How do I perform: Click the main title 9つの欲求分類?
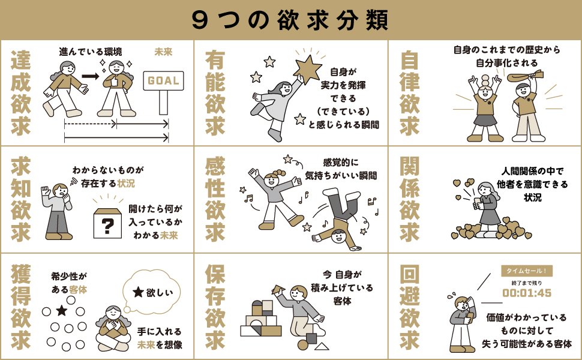[x=290, y=20]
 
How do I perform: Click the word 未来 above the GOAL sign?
[x=163, y=52]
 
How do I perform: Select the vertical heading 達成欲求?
[x=21, y=93]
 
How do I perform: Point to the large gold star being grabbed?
[x=307, y=68]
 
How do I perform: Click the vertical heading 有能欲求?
[x=215, y=93]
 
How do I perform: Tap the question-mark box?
[x=107, y=223]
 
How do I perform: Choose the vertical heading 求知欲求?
[x=21, y=199]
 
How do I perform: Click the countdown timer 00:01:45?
[x=527, y=293]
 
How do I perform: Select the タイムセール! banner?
[x=527, y=271]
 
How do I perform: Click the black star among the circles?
[x=61, y=310]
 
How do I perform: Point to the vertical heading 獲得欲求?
[x=21, y=307]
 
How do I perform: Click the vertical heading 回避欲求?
[x=410, y=307]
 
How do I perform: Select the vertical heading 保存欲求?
[x=215, y=307]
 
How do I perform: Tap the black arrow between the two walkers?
[x=90, y=76]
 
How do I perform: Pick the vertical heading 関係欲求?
[x=410, y=199]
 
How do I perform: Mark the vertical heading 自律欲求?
[x=410, y=93]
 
